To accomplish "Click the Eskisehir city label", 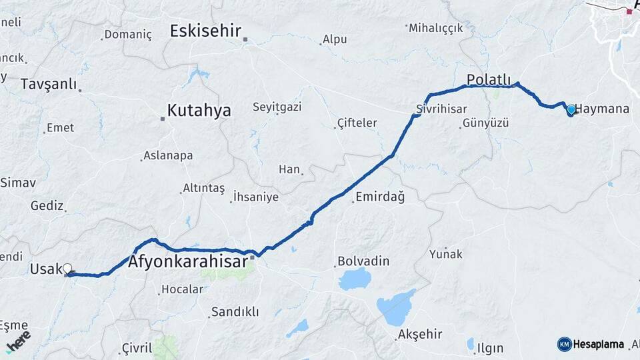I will click(x=205, y=31).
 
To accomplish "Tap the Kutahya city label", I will click(x=199, y=111).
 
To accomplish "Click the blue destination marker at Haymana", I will click(x=571, y=110).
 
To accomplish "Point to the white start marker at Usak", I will click(x=67, y=269).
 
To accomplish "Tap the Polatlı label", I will click(x=488, y=79).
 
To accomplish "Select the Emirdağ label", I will click(x=380, y=197).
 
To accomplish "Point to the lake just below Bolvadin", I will click(x=354, y=279).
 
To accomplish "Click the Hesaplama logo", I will click(x=591, y=344).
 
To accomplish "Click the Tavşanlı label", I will click(x=48, y=85).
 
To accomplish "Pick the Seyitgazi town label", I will click(x=277, y=107).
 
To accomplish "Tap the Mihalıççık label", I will click(x=435, y=28).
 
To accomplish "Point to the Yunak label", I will click(x=445, y=254).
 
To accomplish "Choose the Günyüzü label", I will click(x=485, y=123).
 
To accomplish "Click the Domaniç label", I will click(x=128, y=35).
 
